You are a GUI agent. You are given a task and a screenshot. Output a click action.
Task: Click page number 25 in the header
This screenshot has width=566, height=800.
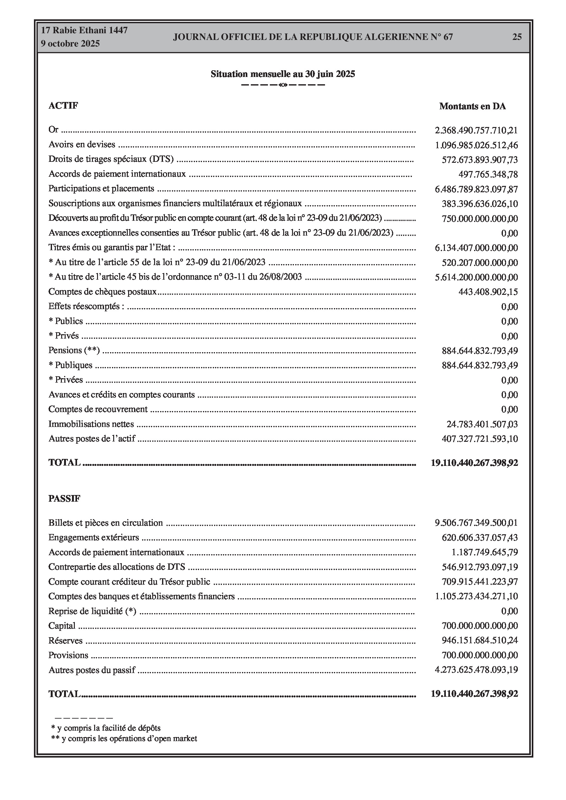517,37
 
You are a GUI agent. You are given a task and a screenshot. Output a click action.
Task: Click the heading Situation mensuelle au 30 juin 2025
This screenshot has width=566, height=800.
283,74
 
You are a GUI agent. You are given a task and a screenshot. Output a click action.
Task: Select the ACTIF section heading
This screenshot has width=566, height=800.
63,105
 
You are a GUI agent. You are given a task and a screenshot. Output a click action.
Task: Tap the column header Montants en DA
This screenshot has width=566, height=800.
472,107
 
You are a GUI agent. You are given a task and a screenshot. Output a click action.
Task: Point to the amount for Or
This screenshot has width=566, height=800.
476,130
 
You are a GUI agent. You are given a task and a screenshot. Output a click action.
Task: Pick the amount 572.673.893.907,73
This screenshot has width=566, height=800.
479,160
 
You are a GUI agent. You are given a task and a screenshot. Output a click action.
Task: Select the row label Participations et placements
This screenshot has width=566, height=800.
101,188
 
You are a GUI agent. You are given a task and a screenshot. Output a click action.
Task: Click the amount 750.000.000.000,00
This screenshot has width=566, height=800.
479,219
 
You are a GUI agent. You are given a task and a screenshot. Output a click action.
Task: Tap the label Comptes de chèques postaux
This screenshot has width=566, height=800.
103,292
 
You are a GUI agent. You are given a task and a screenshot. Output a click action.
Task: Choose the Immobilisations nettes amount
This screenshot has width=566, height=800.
482,424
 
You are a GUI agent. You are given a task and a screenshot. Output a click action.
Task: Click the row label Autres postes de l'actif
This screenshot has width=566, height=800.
92,439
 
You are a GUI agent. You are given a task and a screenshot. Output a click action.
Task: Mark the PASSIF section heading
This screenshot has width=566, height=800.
64,498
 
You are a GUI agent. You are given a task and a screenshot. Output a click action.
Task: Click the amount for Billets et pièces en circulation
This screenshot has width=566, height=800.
476,523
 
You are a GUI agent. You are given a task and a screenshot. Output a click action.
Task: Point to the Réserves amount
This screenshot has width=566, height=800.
479,640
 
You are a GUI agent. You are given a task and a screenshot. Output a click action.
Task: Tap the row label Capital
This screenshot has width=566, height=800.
62,626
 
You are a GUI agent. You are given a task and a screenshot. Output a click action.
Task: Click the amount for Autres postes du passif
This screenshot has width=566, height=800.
476,670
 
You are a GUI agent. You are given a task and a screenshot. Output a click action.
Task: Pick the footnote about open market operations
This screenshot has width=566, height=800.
124,738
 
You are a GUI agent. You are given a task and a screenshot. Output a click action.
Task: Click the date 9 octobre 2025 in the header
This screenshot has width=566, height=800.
70,44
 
